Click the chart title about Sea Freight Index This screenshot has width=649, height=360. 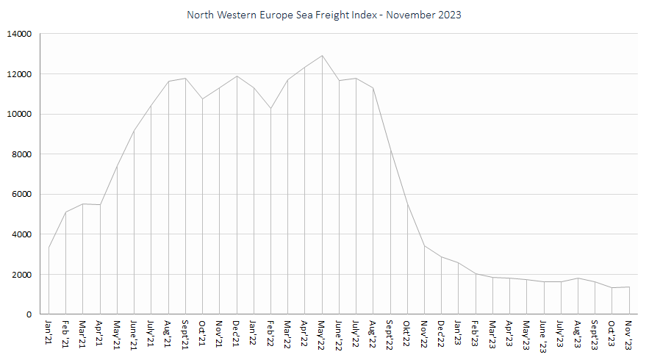coord(323,15)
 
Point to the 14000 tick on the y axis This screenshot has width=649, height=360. coord(19,34)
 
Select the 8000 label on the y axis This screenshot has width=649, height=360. coord(21,154)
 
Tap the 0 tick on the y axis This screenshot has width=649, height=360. coord(29,314)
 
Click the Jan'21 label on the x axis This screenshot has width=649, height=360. coord(49,332)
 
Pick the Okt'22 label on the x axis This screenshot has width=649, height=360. coord(407,334)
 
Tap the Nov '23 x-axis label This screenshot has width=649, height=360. coord(628,335)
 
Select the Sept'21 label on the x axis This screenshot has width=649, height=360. coord(185,335)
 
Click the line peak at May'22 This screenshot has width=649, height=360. coord(322,56)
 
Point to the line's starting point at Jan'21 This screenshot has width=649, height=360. coord(49,248)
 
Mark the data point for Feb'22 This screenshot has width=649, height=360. coord(270,109)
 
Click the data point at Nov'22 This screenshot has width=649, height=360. coord(424,246)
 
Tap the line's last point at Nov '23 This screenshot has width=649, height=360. coord(629,287)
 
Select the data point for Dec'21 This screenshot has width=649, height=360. coord(237,76)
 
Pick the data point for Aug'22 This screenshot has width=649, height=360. coord(373,87)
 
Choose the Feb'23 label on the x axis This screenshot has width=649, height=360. coord(475,333)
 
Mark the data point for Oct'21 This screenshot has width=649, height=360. coord(202,99)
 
